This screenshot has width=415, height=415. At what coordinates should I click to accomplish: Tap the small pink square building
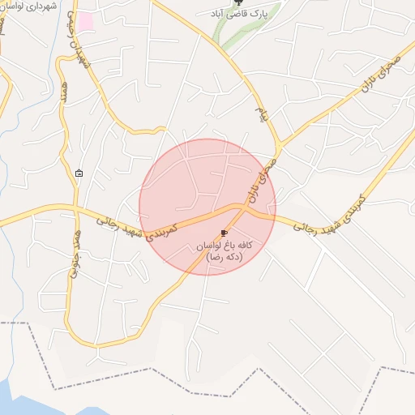85,22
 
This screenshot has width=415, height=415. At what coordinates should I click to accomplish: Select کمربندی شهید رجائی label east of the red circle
327,213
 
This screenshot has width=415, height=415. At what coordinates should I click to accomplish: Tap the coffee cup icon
224,233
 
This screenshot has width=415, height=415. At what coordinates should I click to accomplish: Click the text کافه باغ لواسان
224,244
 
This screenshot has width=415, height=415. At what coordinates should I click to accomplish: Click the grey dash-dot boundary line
122,323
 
